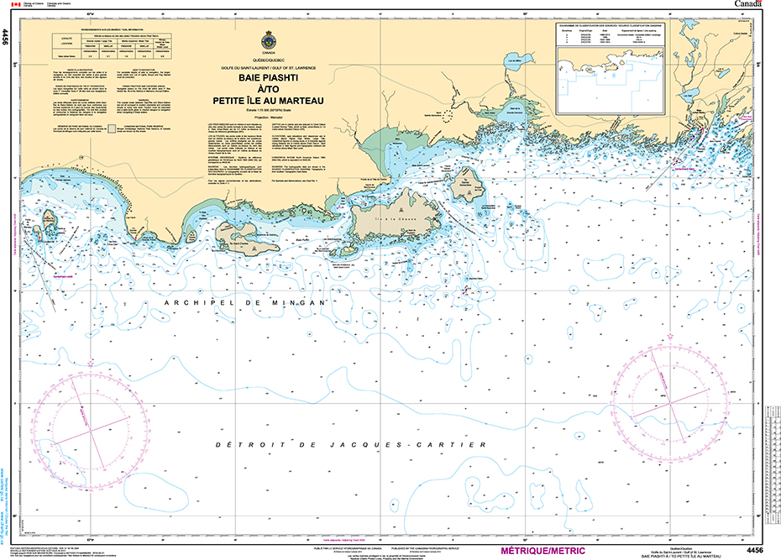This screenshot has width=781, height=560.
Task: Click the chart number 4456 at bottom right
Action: (x=753, y=550)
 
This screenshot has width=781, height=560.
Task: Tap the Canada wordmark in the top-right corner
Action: (x=752, y=4)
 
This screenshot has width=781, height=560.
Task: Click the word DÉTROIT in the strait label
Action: (x=243, y=445)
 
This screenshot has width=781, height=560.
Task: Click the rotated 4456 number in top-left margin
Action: (x=6, y=35)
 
